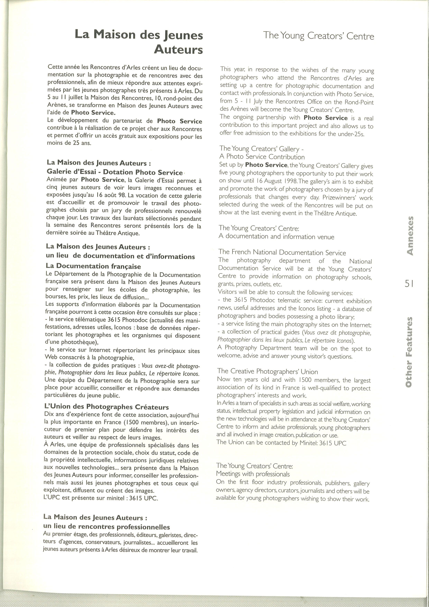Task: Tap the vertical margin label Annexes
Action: [x=410, y=236]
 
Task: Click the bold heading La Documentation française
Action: [x=93, y=266]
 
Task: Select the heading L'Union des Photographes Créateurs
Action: [x=106, y=407]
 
